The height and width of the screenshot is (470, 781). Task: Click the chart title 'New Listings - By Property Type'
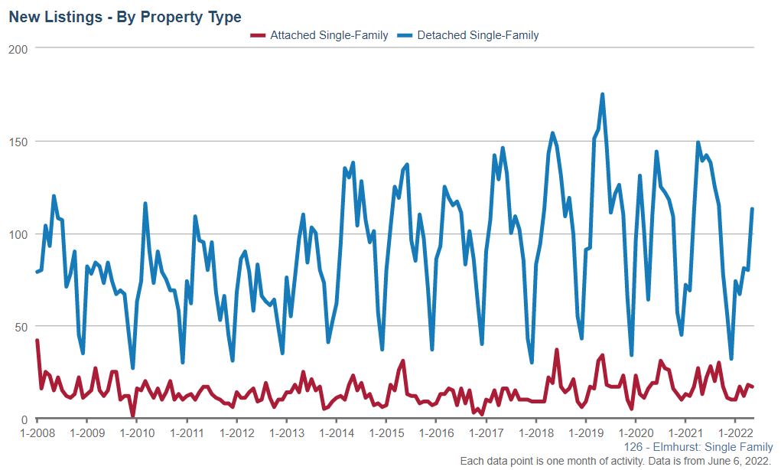[125, 17]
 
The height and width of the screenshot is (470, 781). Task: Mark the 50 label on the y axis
[21, 327]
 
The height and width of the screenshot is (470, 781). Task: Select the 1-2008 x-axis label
[37, 433]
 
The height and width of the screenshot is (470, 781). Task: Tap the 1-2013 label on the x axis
[286, 433]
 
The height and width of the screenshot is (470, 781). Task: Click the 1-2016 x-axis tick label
[436, 433]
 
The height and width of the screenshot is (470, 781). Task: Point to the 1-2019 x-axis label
[585, 433]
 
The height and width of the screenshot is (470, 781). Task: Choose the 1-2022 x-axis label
[735, 433]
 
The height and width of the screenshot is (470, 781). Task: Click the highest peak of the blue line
[603, 95]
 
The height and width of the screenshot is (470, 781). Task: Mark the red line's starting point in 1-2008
[37, 341]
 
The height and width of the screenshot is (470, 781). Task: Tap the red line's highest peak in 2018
[557, 351]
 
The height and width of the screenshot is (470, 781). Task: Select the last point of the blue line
[753, 209]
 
